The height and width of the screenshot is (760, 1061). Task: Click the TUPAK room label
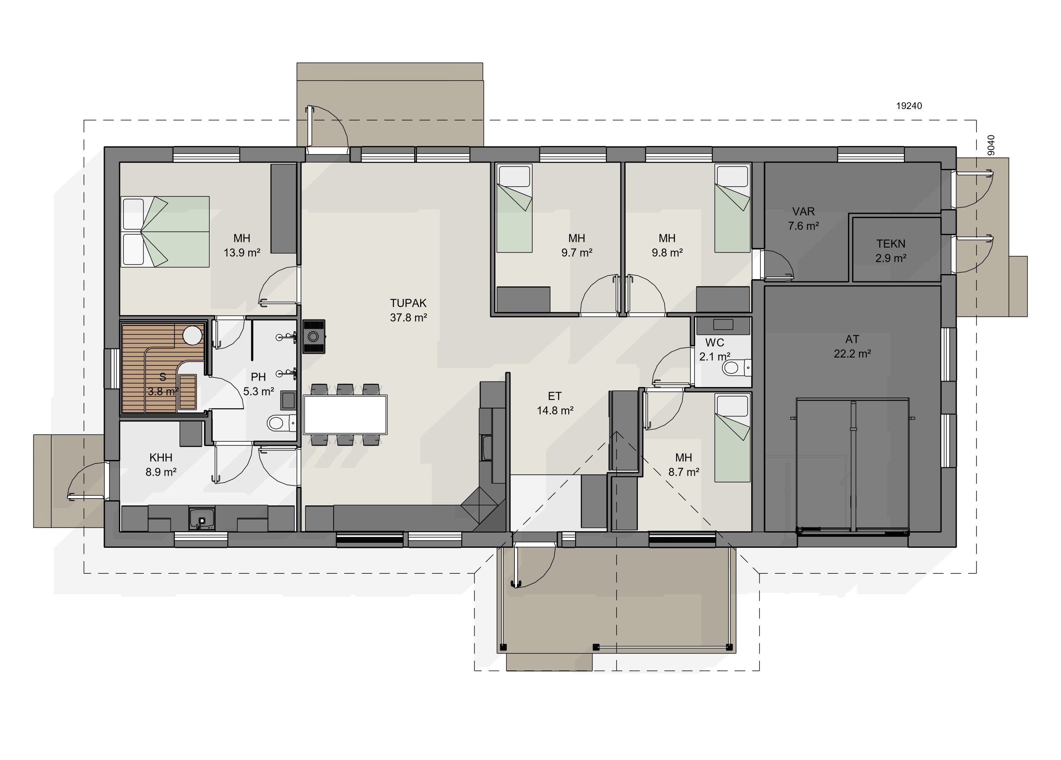click(x=408, y=303)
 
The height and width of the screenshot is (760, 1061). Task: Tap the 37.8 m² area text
click(x=408, y=317)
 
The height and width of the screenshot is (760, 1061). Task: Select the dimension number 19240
click(x=909, y=106)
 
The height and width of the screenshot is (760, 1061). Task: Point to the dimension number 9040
click(x=991, y=145)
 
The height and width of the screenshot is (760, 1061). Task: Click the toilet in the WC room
click(x=736, y=367)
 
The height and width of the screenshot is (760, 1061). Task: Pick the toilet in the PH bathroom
click(x=281, y=423)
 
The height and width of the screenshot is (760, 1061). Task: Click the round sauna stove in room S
click(x=192, y=335)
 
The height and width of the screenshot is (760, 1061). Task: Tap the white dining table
click(x=345, y=415)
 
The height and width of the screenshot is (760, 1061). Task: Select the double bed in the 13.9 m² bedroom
click(x=165, y=232)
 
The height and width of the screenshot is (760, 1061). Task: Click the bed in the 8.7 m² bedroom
click(x=732, y=438)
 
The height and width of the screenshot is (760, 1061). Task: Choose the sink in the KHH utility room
click(x=202, y=519)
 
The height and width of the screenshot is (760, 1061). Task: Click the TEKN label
click(x=891, y=244)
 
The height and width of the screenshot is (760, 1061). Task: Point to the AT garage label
click(x=852, y=339)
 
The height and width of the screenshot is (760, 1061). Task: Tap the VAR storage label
click(x=803, y=211)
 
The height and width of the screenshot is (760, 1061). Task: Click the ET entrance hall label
click(x=554, y=396)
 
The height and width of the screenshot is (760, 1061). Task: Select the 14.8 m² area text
click(x=555, y=411)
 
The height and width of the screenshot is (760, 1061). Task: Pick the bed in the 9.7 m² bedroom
click(x=514, y=208)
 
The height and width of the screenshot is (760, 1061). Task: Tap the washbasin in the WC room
click(x=723, y=325)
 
